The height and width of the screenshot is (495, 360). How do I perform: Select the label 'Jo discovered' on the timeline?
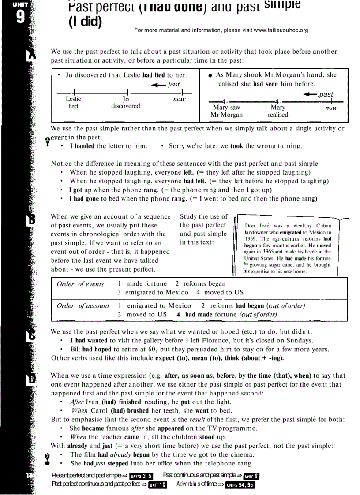[125, 103]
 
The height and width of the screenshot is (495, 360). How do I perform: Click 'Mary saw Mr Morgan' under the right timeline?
[226, 111]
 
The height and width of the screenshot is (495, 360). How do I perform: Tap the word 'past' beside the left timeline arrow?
[174, 84]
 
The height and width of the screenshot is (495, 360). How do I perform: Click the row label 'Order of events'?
[80, 284]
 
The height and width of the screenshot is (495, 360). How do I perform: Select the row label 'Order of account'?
[83, 306]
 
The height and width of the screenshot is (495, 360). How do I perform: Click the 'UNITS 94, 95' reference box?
[240, 485]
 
